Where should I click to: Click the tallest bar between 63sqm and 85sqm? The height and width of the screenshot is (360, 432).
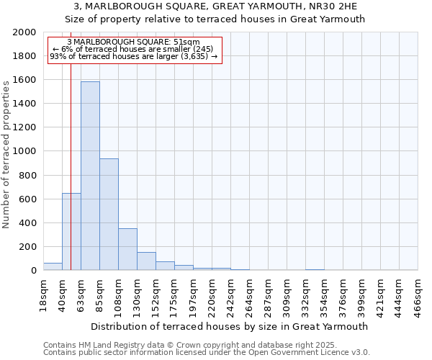pos(90,176)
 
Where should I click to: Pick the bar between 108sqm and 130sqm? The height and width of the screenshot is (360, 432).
pos(127,249)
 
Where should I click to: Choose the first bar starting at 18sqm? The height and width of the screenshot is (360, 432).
pos(53,266)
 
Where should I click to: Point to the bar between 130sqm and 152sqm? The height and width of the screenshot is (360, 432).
pos(146,261)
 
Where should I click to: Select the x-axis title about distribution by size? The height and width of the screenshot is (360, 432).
pos(230,326)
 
